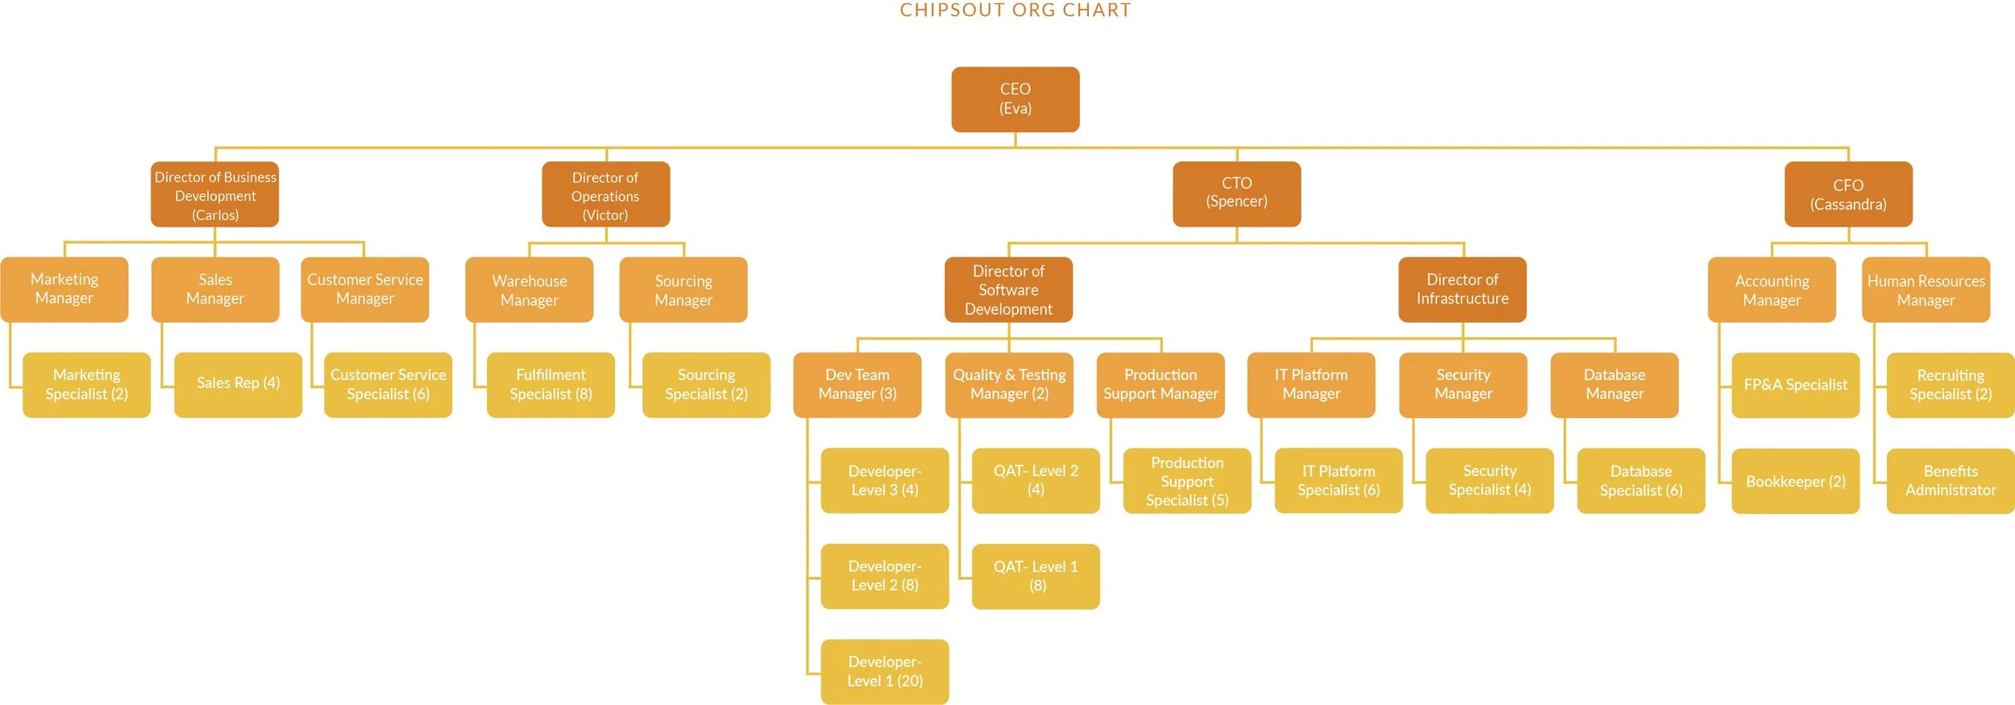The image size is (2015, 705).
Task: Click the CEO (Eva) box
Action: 1015,99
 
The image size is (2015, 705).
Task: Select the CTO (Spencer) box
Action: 1236,194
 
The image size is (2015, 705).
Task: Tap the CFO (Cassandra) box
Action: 1847,194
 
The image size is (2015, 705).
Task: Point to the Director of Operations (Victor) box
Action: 605,194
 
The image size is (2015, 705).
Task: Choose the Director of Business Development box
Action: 214,194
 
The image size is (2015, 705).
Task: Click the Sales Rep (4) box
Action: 238,384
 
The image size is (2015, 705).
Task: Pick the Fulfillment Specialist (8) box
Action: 550,385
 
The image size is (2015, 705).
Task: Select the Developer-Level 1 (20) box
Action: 884,671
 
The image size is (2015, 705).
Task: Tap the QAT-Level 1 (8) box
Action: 1036,576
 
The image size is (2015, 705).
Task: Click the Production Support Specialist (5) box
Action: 1186,481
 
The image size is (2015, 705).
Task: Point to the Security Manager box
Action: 1463,385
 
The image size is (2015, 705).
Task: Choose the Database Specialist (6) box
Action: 1640,481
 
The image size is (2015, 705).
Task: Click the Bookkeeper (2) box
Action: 1795,482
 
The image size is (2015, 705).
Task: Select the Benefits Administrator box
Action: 1950,481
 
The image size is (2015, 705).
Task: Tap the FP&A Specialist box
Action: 1795,385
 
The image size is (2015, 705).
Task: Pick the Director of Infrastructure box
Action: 1462,290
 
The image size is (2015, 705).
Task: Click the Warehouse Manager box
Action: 529,290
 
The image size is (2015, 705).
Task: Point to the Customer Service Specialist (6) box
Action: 388,385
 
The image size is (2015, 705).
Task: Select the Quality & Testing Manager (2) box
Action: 1009,385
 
